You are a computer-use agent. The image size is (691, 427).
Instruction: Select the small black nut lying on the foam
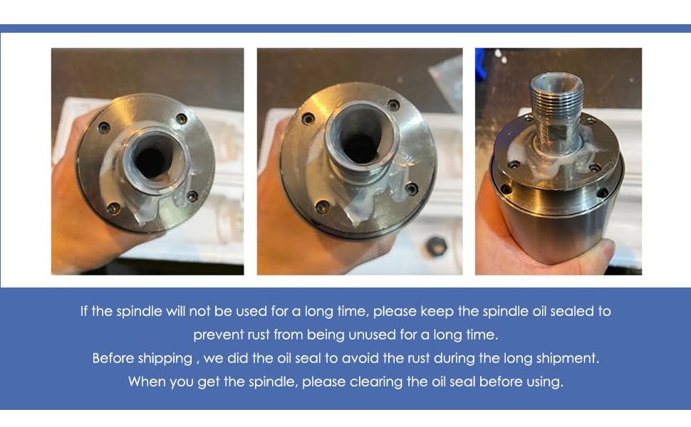[x=436, y=246]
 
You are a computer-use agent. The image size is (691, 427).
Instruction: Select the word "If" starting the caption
[x=84, y=311]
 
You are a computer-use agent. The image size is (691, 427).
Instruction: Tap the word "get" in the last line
[x=209, y=382]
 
